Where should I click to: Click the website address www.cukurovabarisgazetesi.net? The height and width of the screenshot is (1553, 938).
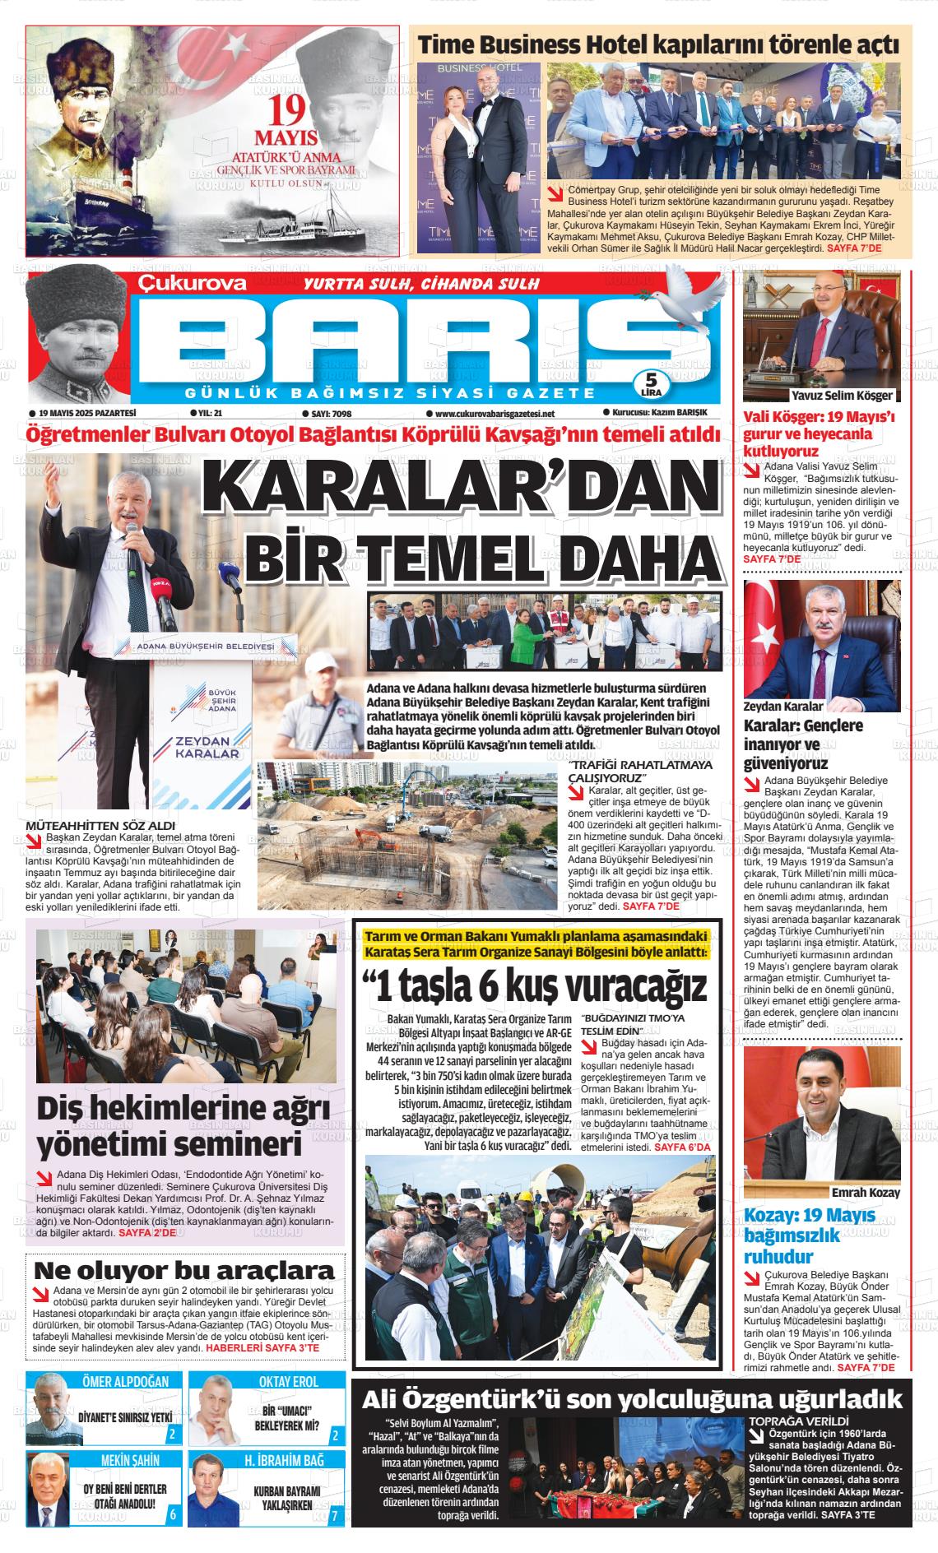tap(490, 414)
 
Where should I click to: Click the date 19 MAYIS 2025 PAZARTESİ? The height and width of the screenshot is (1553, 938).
tap(81, 413)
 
